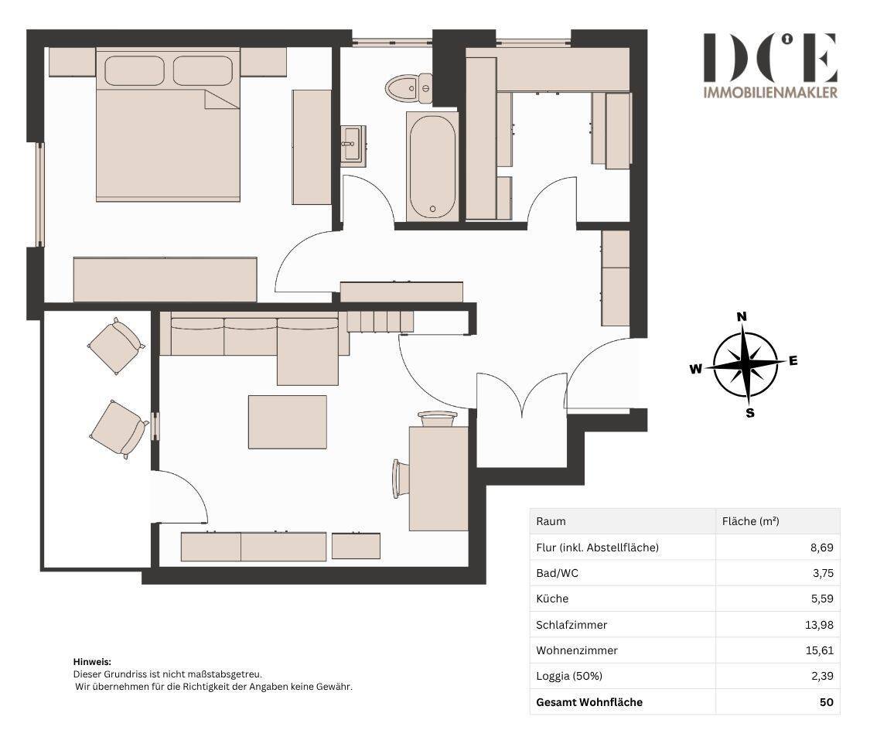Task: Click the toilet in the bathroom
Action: point(409,88)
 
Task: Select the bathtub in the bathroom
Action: point(433,166)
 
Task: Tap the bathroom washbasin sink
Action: point(353,144)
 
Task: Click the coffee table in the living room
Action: point(288,421)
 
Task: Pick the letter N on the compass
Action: point(742,317)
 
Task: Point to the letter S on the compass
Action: point(750,413)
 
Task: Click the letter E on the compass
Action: point(793,360)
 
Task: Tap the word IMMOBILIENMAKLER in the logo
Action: point(770,93)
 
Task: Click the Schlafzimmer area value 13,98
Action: point(819,625)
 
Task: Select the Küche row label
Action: point(552,599)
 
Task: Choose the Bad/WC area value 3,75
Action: point(823,573)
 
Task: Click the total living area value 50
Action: point(826,701)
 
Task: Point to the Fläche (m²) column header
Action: point(751,521)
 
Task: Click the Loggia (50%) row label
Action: point(569,676)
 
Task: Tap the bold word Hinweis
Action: point(92,662)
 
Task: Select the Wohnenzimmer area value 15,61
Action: point(820,650)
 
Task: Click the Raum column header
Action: point(551,521)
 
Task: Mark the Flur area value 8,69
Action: point(822,547)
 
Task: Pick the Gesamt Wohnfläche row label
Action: point(589,701)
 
